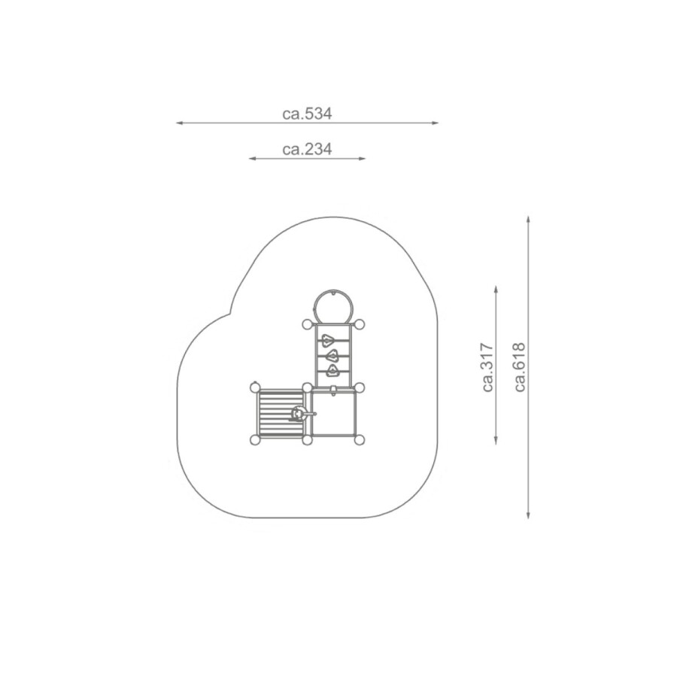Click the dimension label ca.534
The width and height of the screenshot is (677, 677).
307,114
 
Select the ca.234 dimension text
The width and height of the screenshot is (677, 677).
307,150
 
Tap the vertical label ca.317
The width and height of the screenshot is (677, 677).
487,367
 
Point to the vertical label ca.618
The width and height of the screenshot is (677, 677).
520,367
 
